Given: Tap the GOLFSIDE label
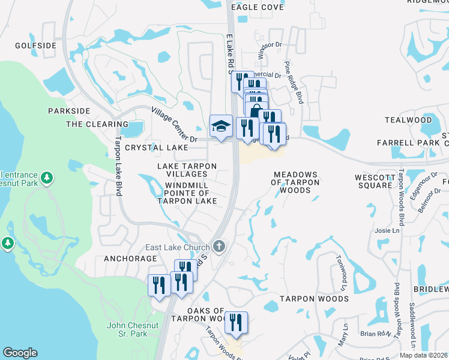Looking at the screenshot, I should [x=35, y=46].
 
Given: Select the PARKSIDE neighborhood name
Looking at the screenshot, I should [x=69, y=111].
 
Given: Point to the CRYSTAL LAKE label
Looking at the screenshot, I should [x=156, y=148].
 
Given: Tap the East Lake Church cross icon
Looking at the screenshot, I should [x=220, y=247].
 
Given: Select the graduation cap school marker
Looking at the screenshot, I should [x=221, y=126].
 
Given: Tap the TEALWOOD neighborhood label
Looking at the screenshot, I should [x=408, y=120].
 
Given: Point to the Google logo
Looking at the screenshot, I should [x=20, y=353].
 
